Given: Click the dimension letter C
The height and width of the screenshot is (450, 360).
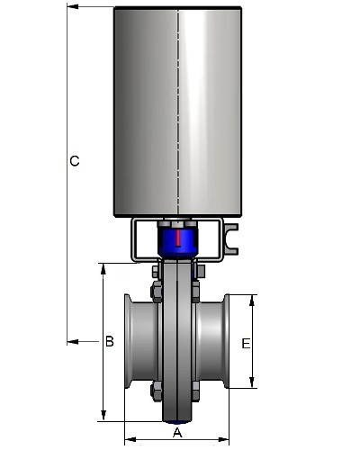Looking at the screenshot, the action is click(75, 161).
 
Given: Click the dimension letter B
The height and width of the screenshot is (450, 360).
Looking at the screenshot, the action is click(110, 341).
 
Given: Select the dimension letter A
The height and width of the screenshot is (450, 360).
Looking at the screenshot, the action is click(177, 433).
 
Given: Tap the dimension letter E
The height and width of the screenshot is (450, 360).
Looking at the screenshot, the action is click(246, 344).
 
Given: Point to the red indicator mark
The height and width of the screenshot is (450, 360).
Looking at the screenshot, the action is click(178, 238).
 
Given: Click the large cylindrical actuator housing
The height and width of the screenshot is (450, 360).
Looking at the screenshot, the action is click(177, 112).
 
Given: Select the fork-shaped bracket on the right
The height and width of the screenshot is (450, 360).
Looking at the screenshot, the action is click(231, 239).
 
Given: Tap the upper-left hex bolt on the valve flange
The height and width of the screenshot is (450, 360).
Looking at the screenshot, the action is click(157, 292).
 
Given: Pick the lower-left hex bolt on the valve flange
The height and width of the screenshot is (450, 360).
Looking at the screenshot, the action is click(157, 391).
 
